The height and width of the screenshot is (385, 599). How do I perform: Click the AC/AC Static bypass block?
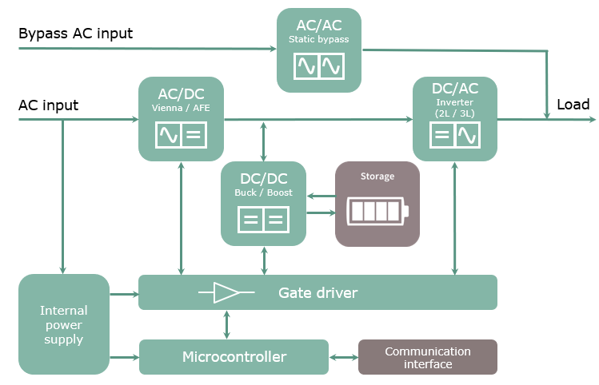[318, 50]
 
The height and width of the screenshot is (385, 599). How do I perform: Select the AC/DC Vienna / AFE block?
[182, 118]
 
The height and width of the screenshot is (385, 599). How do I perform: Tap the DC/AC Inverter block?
[454, 118]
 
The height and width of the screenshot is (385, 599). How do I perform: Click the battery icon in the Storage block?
[377, 212]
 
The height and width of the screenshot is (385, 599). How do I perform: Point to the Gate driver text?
[317, 293]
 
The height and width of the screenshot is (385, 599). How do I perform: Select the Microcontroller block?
[234, 356]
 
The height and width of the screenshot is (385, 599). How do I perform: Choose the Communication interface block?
[427, 357]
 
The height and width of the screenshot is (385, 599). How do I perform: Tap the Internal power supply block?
[63, 324]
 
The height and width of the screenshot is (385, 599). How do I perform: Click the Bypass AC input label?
[75, 34]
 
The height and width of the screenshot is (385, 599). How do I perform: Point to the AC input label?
[48, 105]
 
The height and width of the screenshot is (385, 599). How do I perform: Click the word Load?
[573, 105]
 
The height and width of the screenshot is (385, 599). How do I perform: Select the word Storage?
[377, 177]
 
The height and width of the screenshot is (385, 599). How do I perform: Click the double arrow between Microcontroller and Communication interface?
[343, 357]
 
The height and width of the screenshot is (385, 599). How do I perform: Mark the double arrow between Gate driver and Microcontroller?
[228, 324]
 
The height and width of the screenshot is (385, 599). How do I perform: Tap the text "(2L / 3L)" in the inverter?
[454, 113]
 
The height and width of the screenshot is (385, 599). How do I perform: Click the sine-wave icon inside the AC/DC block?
[169, 135]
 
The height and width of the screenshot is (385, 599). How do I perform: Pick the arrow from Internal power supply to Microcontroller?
[124, 357]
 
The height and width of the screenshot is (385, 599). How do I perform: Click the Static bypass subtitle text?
[318, 39]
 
